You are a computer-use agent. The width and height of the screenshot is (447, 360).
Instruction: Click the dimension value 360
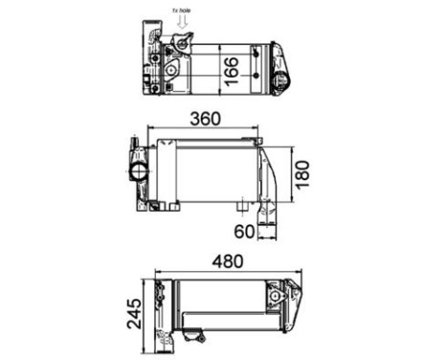point(206,120)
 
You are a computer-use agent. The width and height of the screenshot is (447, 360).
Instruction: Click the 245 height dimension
point(134,312)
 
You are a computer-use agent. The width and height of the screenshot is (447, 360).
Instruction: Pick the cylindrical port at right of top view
point(281,79)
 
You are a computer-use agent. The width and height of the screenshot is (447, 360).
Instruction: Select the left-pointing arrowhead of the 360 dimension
point(148,131)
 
